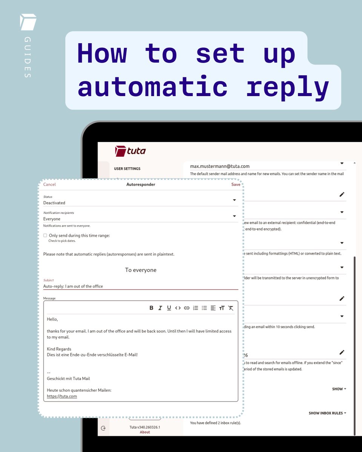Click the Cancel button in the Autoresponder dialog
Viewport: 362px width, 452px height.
click(x=49, y=185)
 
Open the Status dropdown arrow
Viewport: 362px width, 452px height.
click(x=234, y=200)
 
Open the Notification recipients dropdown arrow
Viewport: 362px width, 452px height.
click(x=234, y=216)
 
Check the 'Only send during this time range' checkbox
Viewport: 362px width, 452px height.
click(x=45, y=235)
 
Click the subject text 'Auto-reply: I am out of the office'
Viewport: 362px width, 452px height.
click(x=73, y=286)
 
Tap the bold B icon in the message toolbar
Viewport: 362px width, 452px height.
click(x=151, y=308)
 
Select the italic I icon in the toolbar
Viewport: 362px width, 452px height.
click(x=160, y=308)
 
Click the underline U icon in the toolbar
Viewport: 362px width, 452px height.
click(x=169, y=308)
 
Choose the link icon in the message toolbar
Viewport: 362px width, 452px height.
click(x=186, y=308)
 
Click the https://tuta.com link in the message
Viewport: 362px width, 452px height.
click(x=62, y=396)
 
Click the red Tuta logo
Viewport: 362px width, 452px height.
click(x=130, y=151)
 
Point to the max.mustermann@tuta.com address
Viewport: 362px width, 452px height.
click(x=219, y=166)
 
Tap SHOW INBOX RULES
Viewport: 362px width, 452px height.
click(x=327, y=413)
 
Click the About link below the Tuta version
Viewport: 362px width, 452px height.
click(x=145, y=432)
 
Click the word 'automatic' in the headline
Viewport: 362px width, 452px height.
click(x=152, y=87)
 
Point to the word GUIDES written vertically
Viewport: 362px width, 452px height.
click(x=28, y=57)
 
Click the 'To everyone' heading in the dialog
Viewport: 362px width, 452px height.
click(x=141, y=270)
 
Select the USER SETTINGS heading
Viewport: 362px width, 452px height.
click(x=127, y=169)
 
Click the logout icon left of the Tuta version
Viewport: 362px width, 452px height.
click(x=103, y=428)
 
